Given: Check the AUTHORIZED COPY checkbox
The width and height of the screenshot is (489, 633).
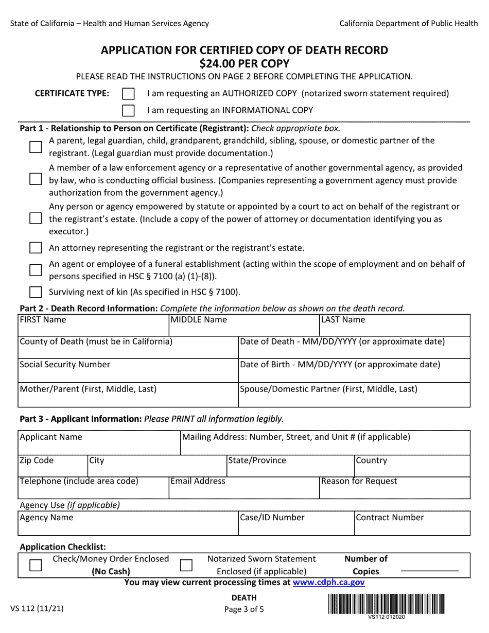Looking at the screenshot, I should pos(129,94).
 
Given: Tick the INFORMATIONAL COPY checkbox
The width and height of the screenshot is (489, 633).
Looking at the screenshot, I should pos(129,110).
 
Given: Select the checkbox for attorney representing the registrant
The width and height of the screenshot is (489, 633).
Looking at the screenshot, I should pos(36,248).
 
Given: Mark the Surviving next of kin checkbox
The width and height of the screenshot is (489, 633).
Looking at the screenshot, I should pos(36,292).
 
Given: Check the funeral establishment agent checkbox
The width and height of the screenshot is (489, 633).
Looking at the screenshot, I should pos(36,270).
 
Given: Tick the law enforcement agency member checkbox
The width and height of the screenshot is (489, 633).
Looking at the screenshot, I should pos(36,179).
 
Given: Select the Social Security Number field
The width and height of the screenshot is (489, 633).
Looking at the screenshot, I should pos(128,373).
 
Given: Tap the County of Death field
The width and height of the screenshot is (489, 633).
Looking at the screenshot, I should pos(128,350).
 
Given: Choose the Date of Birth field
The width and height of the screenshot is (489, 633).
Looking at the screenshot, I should pos(354,373).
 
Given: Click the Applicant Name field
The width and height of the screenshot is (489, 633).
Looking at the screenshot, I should pos(99,446).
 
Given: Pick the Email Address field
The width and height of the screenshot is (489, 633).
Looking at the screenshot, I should pos(244,490).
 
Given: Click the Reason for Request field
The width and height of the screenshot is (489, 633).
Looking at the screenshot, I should pos(394,490).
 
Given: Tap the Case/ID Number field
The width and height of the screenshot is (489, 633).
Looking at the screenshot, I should pos(296,526).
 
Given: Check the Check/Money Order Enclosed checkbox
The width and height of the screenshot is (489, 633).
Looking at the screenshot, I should pos(36,565).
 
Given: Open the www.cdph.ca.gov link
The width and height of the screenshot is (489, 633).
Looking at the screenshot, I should pos(328,583).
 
